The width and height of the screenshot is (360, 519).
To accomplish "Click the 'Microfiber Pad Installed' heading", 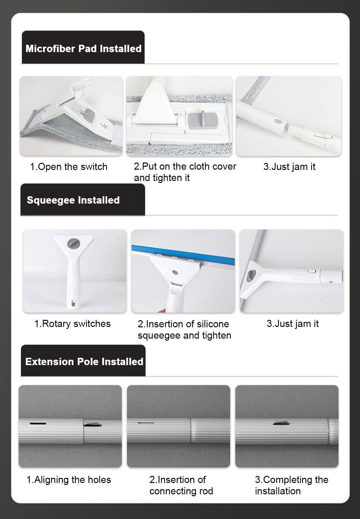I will [x=83, y=49].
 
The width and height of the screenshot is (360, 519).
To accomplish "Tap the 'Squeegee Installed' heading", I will [x=73, y=200].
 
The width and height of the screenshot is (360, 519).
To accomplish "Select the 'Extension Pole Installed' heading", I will [x=84, y=361].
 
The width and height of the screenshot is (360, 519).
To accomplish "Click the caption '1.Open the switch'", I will [x=68, y=167].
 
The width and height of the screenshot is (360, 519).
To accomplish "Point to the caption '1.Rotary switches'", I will [x=72, y=324].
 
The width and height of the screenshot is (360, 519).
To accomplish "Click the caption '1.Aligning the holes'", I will [x=68, y=480].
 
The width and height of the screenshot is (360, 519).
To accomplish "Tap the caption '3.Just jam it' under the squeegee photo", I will [x=292, y=324].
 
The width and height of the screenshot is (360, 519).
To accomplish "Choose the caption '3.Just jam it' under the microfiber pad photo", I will [x=289, y=167].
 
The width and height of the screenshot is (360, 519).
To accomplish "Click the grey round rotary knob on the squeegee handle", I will [x=72, y=243].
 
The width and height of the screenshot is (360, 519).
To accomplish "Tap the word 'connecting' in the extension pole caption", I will [x=172, y=491].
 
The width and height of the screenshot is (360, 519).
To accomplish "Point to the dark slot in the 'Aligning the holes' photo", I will [x=38, y=423].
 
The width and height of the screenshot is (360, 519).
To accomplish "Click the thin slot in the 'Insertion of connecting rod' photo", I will [x=146, y=423].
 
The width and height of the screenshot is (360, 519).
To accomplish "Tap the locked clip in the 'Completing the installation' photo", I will [x=280, y=423].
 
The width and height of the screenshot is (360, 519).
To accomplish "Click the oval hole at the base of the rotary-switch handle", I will [x=73, y=303].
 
